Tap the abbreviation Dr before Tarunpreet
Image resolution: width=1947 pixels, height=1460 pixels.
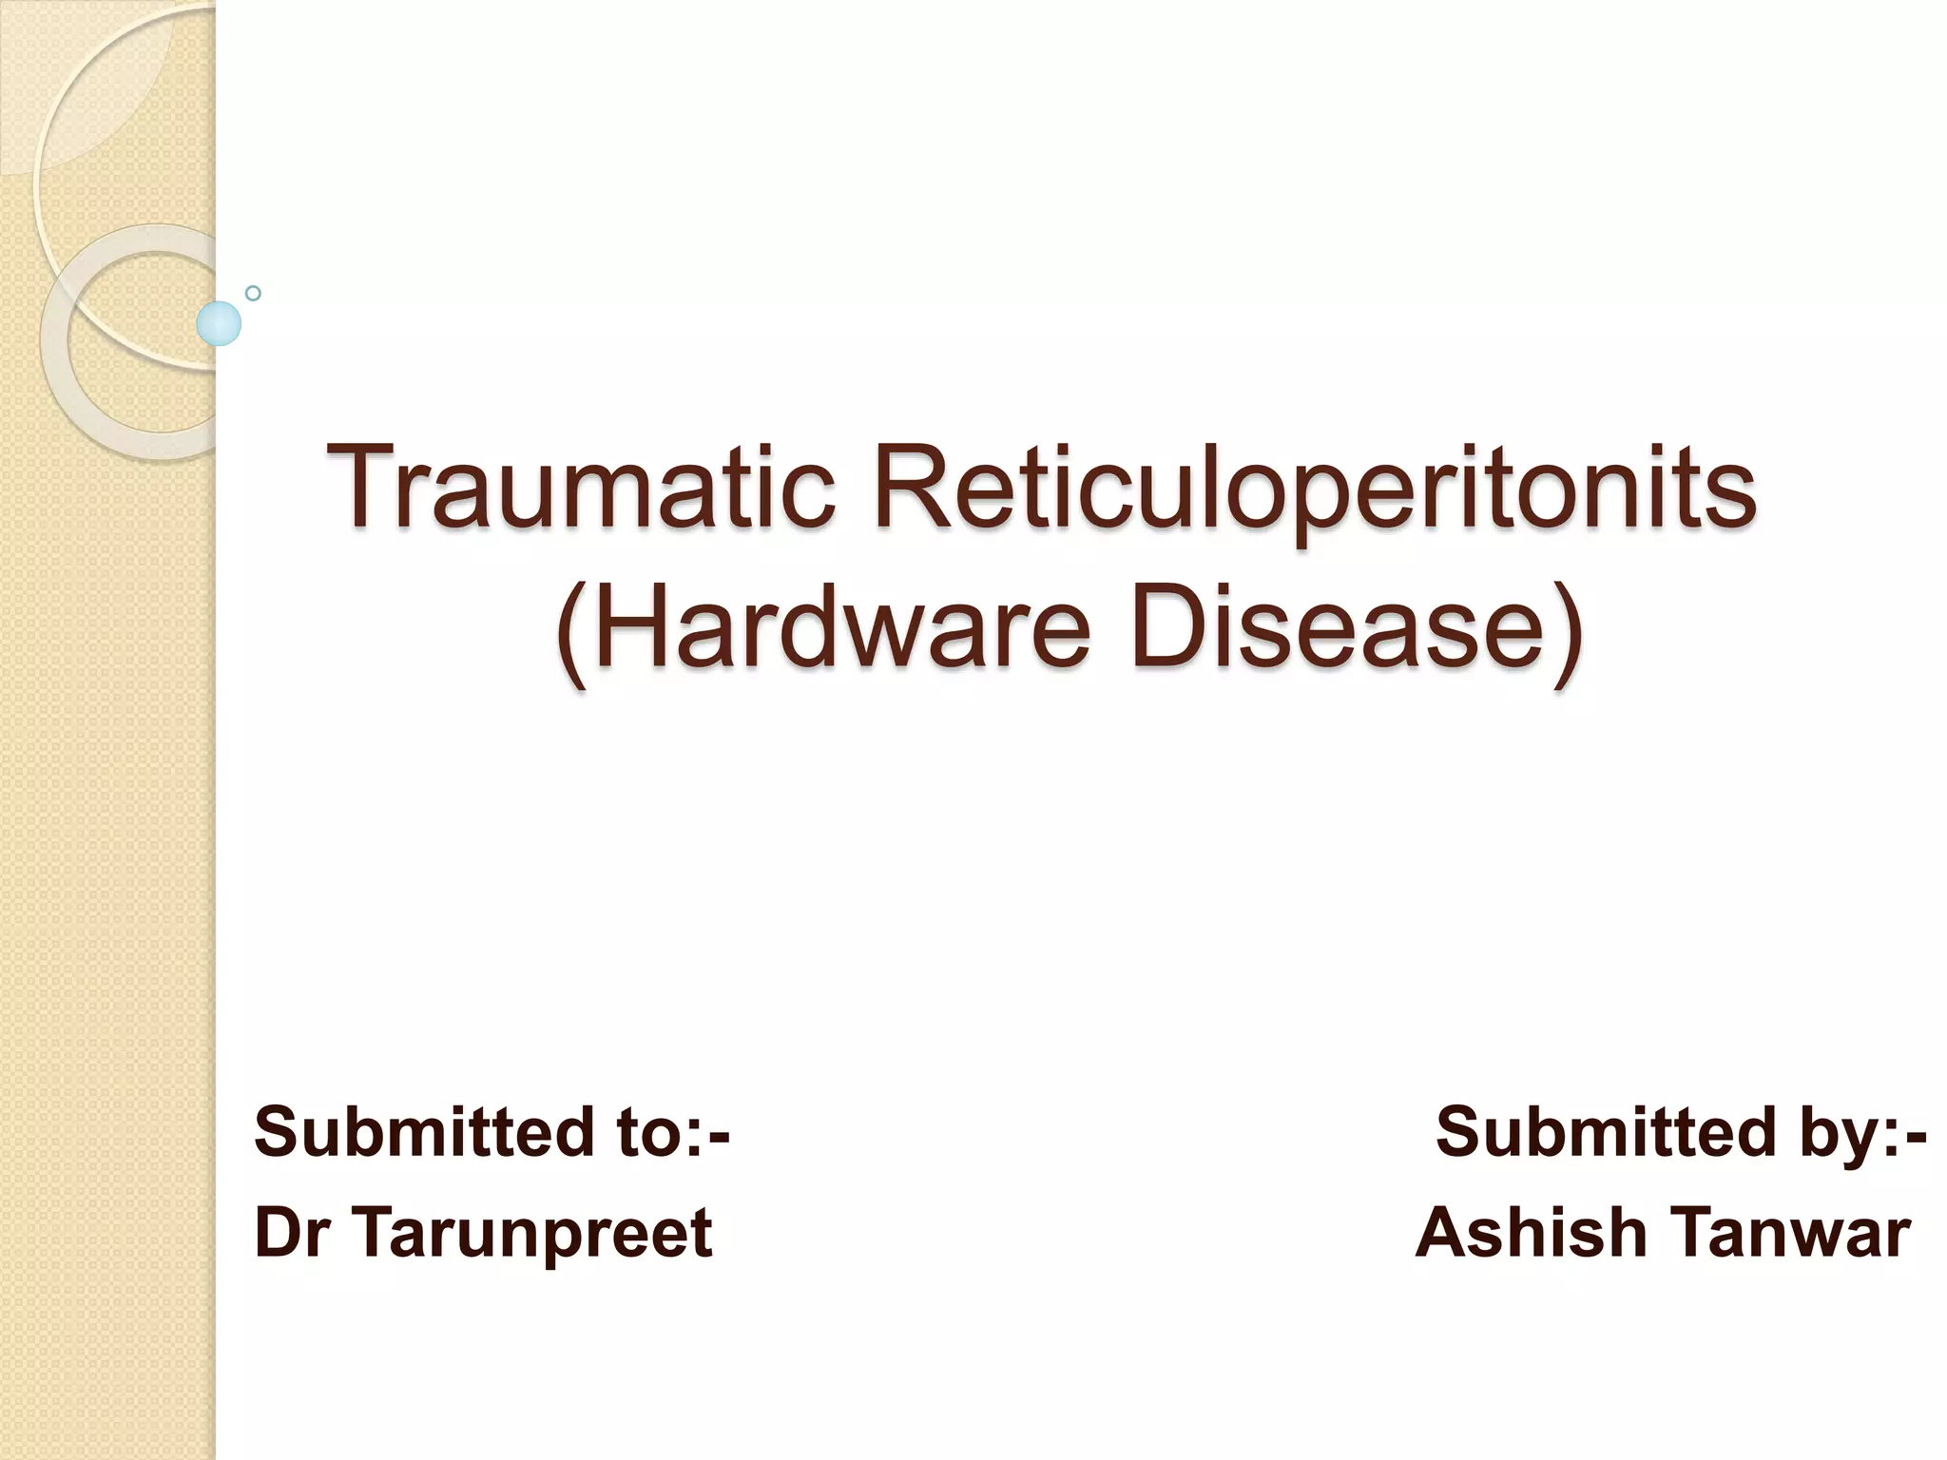tap(291, 1232)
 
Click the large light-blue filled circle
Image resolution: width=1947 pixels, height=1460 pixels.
tap(219, 323)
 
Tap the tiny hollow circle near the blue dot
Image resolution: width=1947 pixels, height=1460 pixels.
tap(253, 293)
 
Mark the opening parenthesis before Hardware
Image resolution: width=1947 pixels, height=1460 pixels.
tap(572, 633)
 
